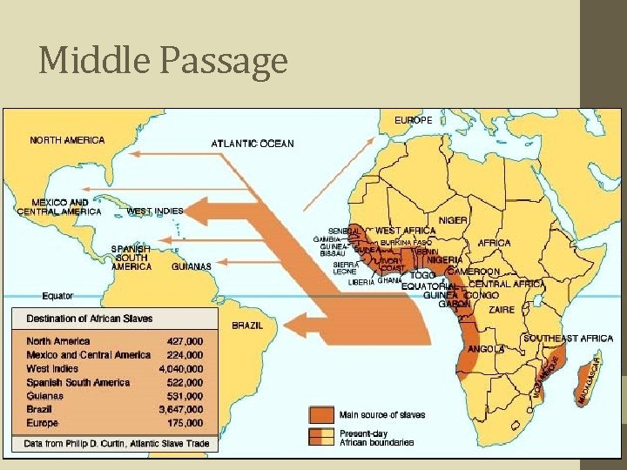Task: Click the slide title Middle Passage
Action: point(163,61)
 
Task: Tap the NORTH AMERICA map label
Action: point(67,140)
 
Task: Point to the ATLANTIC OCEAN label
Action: point(253,144)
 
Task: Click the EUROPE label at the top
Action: point(413,120)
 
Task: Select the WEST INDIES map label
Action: point(155,211)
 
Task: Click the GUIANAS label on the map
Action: point(192,266)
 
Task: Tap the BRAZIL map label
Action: point(246,325)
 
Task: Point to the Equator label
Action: point(57,296)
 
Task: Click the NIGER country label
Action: point(453,221)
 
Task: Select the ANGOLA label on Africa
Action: point(486,349)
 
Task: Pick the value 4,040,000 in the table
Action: point(180,368)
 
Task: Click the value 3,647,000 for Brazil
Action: point(180,409)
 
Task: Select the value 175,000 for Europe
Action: point(185,423)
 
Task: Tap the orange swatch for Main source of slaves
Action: point(321,414)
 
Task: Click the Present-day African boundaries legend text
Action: point(376,437)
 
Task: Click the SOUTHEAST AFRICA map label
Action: point(567,339)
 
